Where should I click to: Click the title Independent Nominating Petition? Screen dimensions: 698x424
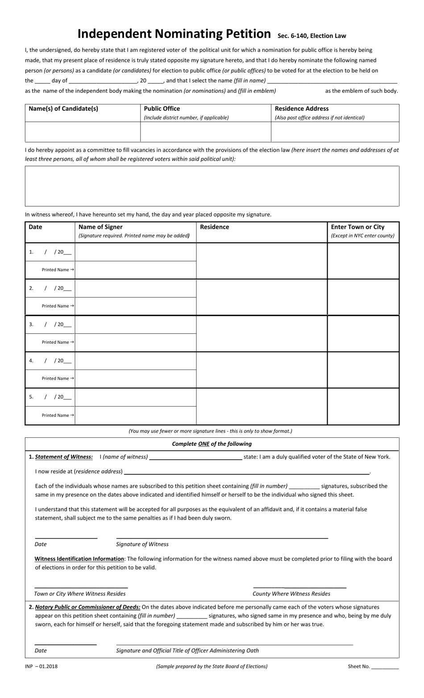click(x=174, y=34)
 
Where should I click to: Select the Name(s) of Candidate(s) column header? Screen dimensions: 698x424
click(x=63, y=108)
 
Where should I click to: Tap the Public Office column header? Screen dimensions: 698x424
click(x=162, y=108)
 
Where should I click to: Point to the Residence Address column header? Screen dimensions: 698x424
click(x=302, y=108)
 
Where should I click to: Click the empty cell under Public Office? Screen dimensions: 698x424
click(x=206, y=132)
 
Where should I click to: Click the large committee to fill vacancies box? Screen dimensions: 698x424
click(x=212, y=186)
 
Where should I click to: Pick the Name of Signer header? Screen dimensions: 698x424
click(x=100, y=227)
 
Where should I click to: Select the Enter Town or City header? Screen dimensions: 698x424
click(x=357, y=227)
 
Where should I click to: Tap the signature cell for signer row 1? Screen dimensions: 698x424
click(x=135, y=252)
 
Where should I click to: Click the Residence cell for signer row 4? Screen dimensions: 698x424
click(x=262, y=370)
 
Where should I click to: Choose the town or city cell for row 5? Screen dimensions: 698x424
click(x=363, y=406)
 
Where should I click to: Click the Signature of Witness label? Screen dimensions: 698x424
click(x=142, y=544)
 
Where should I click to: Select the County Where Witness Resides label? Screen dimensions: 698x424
click(x=291, y=594)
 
